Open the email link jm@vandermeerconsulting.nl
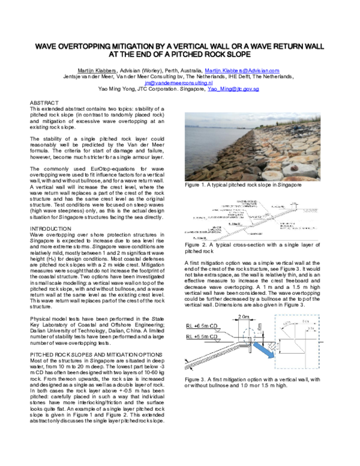[180, 82]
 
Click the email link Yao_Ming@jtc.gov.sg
[233, 88]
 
